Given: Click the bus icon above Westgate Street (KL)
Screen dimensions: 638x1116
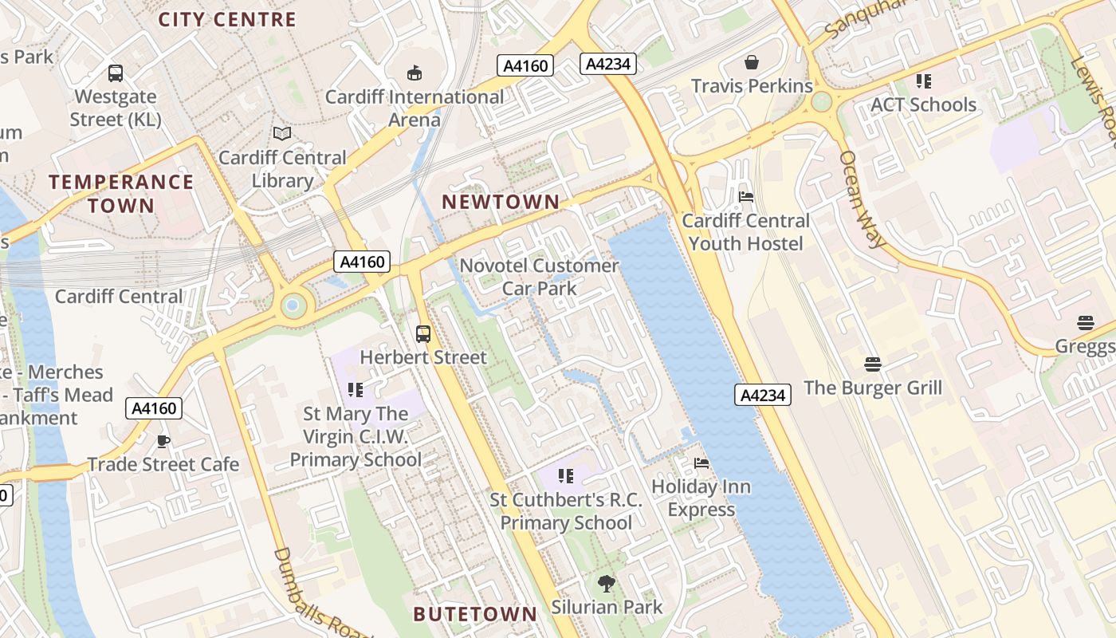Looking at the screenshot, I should pos(116,73).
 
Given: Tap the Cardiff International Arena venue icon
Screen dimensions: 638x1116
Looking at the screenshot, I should pos(414,73).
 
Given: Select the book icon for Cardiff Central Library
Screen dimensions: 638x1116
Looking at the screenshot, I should pos(282,134).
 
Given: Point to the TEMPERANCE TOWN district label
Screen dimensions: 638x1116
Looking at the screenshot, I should pos(121,194).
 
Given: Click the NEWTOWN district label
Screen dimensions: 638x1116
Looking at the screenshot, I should pos(501,202).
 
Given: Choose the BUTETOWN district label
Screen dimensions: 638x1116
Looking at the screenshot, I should pos(475,614).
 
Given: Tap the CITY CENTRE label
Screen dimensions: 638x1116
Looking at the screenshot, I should pos(227,20).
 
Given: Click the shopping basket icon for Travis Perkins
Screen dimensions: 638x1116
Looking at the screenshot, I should pos(751,62).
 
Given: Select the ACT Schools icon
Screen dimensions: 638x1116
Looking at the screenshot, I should pos(923,81).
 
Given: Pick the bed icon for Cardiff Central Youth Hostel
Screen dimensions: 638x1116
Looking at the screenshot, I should pos(746,197).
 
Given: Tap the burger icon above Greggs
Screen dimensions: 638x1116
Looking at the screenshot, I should pos(1085,323).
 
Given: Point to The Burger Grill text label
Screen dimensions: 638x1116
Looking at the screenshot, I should pos(873,388).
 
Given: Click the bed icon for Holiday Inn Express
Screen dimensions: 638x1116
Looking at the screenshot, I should pos(701,463).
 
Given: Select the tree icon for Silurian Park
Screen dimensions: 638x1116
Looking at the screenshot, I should pos(607,584).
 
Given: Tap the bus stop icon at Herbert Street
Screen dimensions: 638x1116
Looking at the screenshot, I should pos(423,334).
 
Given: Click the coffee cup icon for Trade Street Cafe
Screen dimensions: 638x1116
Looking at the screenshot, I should pos(163,441).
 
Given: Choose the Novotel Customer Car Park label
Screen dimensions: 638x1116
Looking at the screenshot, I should pos(540,277).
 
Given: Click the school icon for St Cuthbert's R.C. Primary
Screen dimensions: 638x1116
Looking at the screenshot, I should pos(566,477).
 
